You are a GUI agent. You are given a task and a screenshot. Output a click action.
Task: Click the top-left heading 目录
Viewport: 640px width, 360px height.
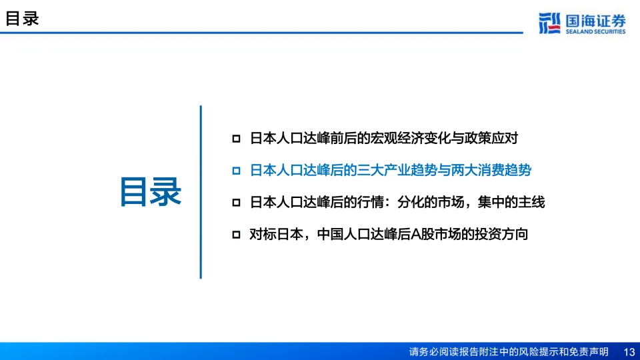(x=22, y=19)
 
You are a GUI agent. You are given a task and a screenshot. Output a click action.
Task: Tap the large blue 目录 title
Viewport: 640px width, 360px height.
(x=151, y=192)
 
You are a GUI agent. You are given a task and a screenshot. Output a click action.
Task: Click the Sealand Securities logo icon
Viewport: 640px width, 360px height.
(x=549, y=23)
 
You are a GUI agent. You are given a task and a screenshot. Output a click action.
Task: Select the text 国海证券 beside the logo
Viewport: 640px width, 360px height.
(x=595, y=21)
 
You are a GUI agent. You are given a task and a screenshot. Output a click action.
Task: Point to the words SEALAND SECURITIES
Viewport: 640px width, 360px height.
(x=595, y=31)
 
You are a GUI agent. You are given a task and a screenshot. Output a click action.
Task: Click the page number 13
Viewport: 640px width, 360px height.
(x=629, y=352)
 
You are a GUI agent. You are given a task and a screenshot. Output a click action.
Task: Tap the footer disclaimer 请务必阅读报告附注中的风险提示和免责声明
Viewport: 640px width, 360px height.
(x=509, y=352)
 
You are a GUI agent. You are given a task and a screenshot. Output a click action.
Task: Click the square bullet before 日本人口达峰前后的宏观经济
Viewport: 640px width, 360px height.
(x=236, y=139)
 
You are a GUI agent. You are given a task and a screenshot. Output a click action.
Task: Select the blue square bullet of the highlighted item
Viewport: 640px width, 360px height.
(x=236, y=171)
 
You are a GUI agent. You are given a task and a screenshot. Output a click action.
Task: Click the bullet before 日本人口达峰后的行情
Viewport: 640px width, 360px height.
(x=236, y=203)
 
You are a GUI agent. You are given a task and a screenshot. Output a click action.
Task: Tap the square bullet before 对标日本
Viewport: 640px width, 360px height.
(x=236, y=234)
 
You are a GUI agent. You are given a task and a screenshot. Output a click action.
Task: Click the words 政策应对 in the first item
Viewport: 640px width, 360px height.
(x=491, y=139)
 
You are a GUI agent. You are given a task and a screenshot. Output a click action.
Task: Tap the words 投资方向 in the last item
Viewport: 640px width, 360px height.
(x=501, y=234)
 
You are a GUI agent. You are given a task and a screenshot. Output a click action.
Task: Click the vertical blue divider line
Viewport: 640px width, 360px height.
(x=201, y=192)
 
